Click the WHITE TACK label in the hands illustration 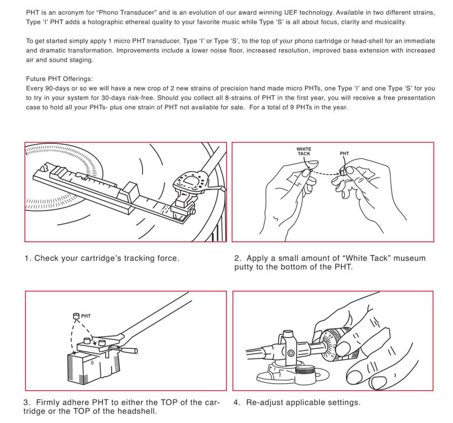coord(303,151)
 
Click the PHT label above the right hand coord(344,154)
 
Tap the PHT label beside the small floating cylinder coord(86,316)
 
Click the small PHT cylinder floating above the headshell coord(76,316)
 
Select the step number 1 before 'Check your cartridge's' coord(27,258)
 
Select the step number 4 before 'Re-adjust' coord(236,403)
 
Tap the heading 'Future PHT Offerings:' coord(60,79)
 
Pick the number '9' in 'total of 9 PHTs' coord(292,108)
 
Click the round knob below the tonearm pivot coord(305,370)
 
